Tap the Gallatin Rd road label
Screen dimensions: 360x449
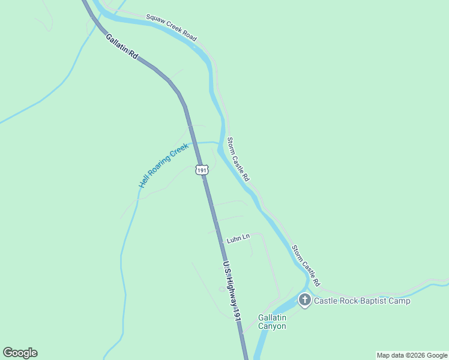[122, 46]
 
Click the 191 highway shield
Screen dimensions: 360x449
[202, 170]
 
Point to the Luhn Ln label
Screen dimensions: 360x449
[238, 239]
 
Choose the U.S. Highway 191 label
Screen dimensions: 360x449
[232, 291]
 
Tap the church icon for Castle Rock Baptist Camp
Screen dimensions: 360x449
[304, 300]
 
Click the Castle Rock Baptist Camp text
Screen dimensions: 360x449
[362, 301]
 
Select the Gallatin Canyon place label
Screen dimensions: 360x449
[272, 322]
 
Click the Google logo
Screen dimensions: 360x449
[20, 353]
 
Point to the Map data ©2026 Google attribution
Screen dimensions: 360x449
[412, 355]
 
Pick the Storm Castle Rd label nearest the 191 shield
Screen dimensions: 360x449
[238, 160]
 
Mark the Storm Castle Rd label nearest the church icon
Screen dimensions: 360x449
[306, 265]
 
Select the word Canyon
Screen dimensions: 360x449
[272, 326]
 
